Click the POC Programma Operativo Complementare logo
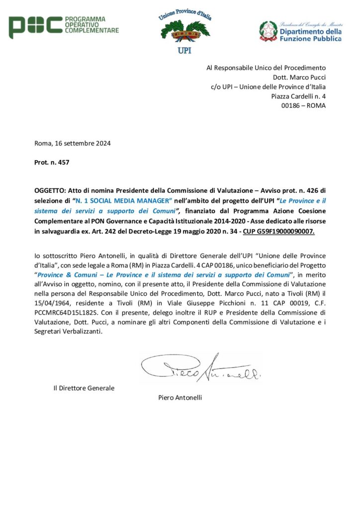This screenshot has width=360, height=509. click(x=64, y=26)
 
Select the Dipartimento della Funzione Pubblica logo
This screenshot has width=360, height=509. click(x=300, y=31)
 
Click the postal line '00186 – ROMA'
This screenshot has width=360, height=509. click(x=303, y=105)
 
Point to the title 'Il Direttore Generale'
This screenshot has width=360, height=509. click(x=84, y=388)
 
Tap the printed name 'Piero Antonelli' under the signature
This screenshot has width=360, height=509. click(x=180, y=397)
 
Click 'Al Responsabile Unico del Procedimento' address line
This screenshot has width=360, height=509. click(x=266, y=68)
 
